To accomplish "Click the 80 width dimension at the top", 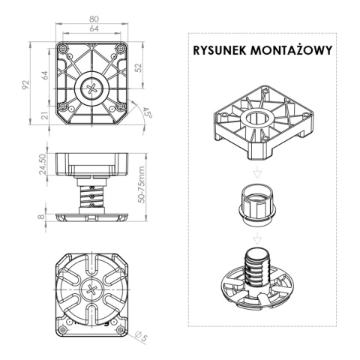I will (x=92, y=19).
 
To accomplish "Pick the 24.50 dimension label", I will (x=43, y=166).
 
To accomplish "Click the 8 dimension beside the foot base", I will (x=44, y=217).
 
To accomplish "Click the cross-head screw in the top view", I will (x=92, y=88).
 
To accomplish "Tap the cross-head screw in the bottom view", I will (x=92, y=289).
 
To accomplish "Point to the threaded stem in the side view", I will (x=91, y=196).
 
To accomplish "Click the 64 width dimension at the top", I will (x=92, y=30).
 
